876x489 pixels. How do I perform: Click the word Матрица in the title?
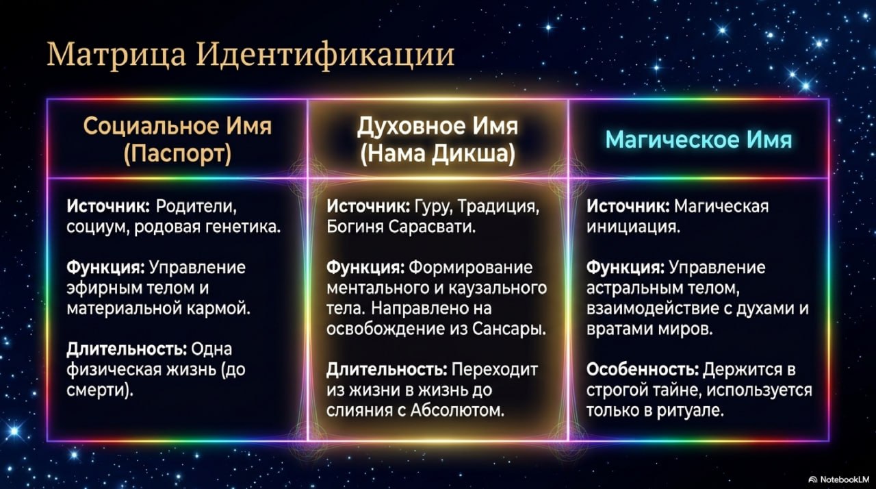(116, 54)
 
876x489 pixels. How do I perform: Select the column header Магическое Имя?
(699, 140)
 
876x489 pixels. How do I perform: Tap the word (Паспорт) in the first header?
(177, 153)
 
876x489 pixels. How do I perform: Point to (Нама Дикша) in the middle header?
(437, 153)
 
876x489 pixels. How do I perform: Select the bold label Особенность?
(642, 370)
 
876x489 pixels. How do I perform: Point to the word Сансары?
(509, 329)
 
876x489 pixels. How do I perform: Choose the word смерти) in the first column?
(100, 390)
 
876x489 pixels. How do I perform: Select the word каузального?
(498, 288)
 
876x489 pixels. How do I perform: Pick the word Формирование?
(471, 268)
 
